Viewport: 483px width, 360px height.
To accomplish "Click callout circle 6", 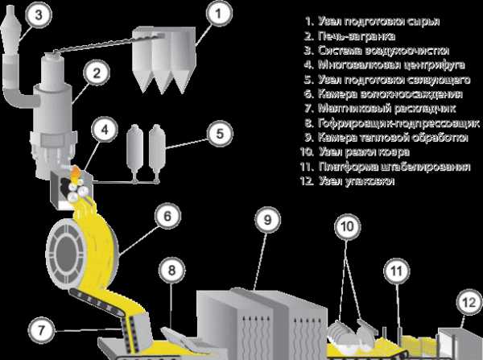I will pos(163,216).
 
